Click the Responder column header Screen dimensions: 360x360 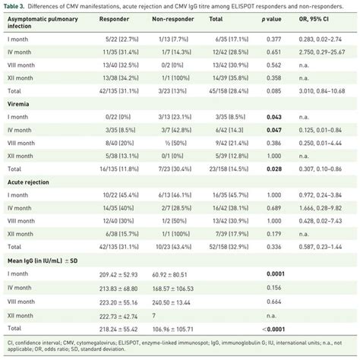pos(114,19)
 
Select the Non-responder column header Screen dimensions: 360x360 pos(173,19)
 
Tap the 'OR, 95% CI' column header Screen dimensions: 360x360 pos(314,19)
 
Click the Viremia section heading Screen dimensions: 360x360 pos(18,104)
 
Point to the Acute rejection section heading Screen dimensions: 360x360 pos(28,182)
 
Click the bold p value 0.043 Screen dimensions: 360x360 pos(274,117)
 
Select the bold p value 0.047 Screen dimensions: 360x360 pos(274,130)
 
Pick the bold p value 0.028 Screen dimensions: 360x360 pos(274,169)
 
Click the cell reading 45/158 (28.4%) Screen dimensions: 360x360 pos(229,91)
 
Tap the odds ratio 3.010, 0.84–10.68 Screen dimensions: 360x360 pos(322,91)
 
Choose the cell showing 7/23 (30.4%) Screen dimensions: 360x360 pos(175,169)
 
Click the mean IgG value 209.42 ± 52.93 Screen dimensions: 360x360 pos(118,275)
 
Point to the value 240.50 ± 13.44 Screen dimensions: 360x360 pos(171,302)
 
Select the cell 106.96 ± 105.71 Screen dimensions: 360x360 pos(173,330)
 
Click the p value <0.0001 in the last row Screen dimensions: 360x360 pos(273,330)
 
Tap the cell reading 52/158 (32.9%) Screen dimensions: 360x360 pos(229,247)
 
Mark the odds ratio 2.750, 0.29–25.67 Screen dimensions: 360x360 pos(322,52)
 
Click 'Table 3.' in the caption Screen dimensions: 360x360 pos(14,6)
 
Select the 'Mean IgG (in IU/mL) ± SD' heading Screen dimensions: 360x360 pos(43,261)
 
